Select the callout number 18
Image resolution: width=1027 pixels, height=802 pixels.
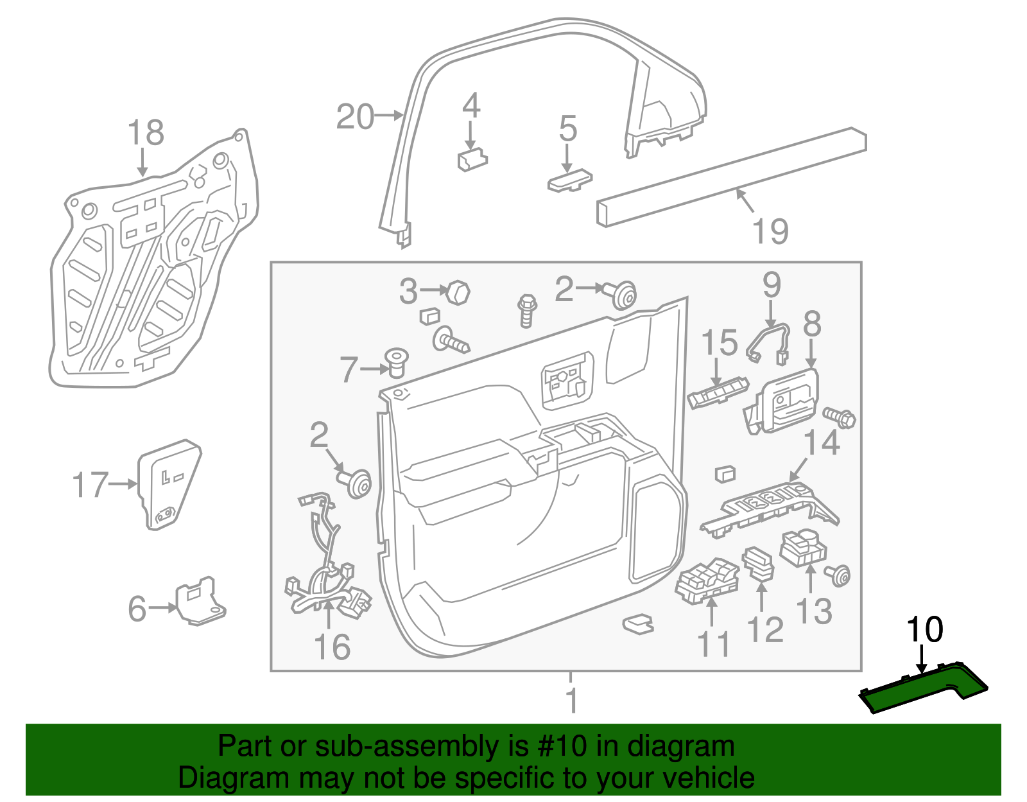tap(146, 133)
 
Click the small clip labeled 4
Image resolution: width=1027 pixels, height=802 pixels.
tap(472, 159)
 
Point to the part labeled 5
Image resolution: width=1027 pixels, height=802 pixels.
tap(569, 180)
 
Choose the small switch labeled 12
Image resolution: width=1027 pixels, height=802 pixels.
tap(759, 562)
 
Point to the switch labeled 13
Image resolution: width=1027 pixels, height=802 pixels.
tap(802, 548)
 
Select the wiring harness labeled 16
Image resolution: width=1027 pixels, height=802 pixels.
tap(326, 565)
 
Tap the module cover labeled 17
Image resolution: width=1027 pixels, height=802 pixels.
tap(168, 484)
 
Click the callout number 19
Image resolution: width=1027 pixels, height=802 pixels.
tap(770, 231)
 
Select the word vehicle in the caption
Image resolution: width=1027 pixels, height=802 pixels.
tap(708, 778)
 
